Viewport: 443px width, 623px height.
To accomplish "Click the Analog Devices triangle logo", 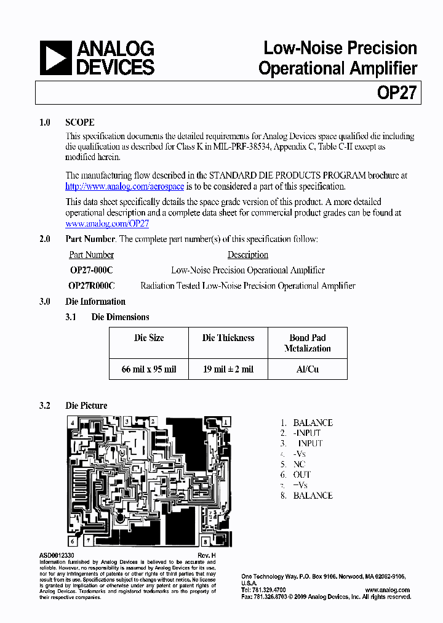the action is (x=55, y=58).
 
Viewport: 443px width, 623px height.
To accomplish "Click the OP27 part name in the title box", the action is (x=397, y=93).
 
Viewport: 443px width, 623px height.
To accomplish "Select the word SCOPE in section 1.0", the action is (x=80, y=123).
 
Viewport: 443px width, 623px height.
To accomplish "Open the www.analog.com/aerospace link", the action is (x=125, y=187).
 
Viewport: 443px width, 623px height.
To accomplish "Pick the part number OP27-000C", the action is (x=92, y=270).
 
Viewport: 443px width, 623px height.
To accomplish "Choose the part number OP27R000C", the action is (x=92, y=286).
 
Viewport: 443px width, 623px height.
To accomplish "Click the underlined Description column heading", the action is (x=248, y=255).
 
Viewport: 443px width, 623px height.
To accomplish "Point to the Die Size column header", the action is (x=149, y=337).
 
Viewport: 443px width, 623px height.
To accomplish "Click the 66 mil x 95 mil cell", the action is (x=149, y=369).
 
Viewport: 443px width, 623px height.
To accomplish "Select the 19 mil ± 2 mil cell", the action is (x=228, y=369).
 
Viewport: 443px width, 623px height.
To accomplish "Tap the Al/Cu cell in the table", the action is (x=308, y=369).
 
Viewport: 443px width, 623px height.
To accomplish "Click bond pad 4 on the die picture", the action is (x=73, y=423).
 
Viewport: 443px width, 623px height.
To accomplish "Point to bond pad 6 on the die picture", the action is (x=73, y=542).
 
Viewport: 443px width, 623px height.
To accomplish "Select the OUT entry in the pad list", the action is (x=302, y=475).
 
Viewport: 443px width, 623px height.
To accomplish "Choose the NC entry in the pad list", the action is (x=300, y=464).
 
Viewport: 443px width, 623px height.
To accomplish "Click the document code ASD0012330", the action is (x=59, y=555).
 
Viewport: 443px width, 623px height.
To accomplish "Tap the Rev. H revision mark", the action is (x=207, y=555).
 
